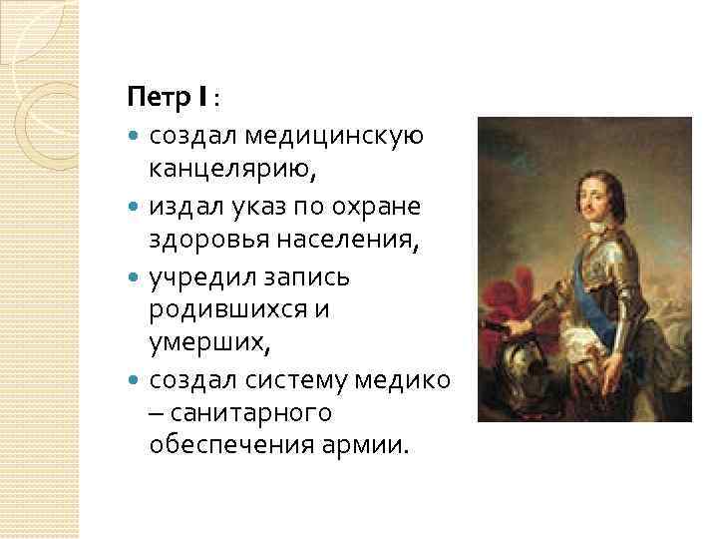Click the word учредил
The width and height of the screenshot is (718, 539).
(x=202, y=275)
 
